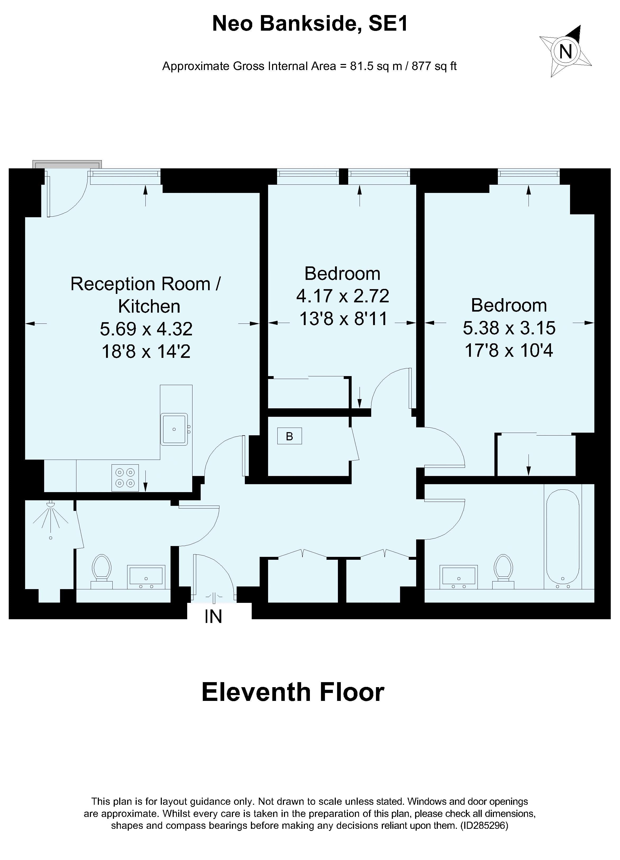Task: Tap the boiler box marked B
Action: tap(289, 436)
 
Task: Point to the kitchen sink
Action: tap(174, 429)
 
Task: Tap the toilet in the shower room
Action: tap(101, 572)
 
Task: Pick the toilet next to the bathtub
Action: tap(503, 572)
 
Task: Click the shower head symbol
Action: tap(50, 516)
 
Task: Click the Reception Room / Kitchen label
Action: tap(146, 295)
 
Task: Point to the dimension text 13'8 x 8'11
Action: tap(343, 318)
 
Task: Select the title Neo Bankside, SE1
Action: tap(310, 24)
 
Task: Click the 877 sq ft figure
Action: tap(434, 66)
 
